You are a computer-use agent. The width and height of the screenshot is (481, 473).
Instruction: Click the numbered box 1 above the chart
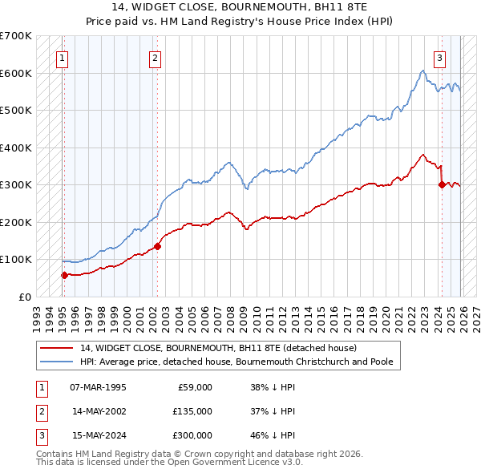point(62,58)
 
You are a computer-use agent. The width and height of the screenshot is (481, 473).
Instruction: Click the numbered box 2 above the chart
point(155,58)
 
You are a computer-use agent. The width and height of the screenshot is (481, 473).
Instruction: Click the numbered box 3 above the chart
point(440,58)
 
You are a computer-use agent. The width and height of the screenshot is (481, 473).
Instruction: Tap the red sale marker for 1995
point(64,275)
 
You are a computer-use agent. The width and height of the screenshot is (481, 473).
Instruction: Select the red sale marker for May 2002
point(157,246)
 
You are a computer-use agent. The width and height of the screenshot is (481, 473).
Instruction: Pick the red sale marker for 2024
point(442,184)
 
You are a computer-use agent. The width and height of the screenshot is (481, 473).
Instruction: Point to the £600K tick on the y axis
point(15,73)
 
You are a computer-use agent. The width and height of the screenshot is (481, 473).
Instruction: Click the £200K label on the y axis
point(15,222)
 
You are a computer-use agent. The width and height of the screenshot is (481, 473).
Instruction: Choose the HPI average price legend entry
point(236,362)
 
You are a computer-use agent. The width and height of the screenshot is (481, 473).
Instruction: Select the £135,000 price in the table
point(192,411)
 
